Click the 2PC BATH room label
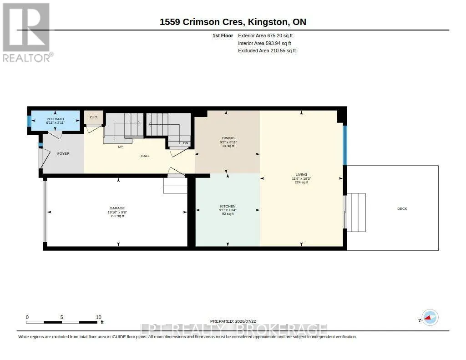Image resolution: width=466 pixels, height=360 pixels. point(55,119)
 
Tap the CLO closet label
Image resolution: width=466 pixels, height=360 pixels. point(94,117)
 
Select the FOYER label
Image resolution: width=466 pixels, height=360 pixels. point(63,154)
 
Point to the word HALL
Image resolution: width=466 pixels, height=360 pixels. point(145,156)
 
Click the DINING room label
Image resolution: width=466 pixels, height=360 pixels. point(228,138)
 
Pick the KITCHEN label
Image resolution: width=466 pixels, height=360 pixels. point(228,206)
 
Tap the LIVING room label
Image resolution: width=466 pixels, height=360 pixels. point(301,174)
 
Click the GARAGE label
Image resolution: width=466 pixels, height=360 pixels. point(117,208)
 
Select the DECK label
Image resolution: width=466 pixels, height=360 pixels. point(402,209)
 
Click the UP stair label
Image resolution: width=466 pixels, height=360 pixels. point(120,147)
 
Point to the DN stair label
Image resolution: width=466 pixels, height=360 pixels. point(186,143)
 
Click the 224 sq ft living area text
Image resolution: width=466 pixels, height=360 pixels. point(301,182)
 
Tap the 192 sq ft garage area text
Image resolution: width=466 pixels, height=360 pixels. point(117,216)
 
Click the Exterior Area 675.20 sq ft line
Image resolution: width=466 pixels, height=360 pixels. point(265,35)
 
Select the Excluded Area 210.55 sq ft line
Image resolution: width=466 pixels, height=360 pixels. point(267,51)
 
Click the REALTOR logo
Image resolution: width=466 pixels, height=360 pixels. point(27,32)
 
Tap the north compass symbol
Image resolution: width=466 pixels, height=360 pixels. point(430,318)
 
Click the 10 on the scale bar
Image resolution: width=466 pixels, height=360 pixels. point(98,317)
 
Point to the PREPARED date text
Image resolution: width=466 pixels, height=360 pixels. point(233,321)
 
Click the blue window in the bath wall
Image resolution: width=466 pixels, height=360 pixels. point(29,121)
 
